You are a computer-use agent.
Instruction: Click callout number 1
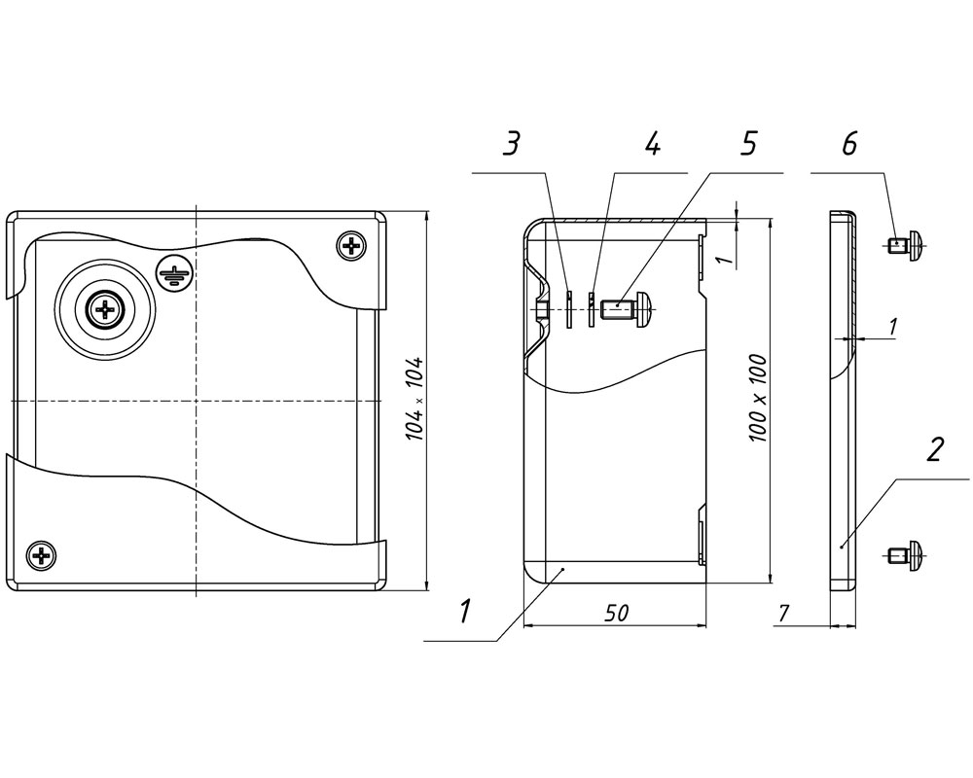(465, 611)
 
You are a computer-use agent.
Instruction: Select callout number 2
(935, 449)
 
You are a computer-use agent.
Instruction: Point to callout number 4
(652, 144)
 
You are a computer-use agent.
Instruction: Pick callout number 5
(749, 144)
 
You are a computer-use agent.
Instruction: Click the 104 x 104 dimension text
(414, 399)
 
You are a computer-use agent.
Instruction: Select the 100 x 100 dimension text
(758, 399)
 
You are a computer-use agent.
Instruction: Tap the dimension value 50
(616, 613)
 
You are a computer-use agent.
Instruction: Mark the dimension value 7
(783, 614)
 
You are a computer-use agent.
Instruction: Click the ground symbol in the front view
(175, 273)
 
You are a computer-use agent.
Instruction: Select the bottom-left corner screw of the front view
(42, 555)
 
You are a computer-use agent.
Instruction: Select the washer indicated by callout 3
(569, 308)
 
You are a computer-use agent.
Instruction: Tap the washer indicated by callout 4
(592, 308)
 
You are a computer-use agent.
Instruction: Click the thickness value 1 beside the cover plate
(892, 328)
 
